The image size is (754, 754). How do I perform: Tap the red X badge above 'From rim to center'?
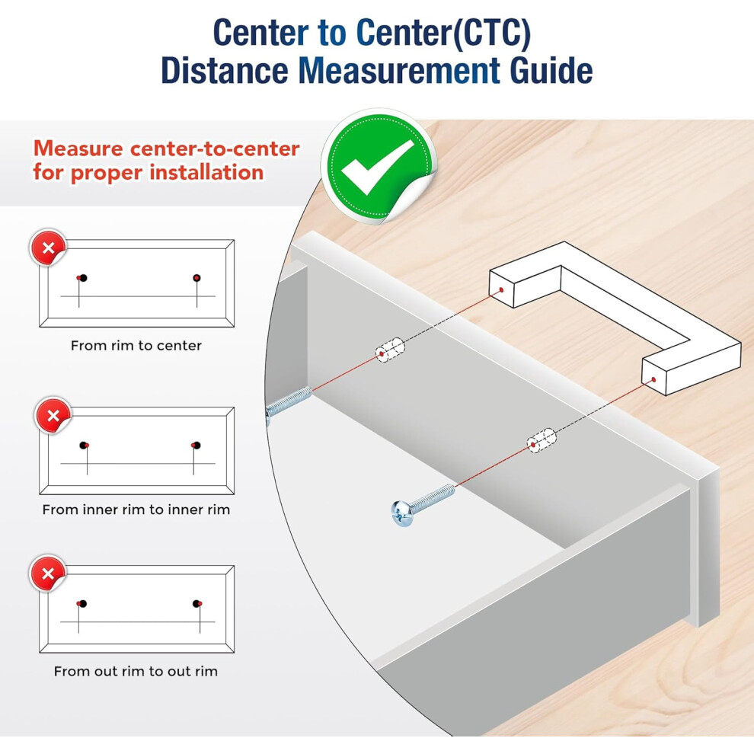click(x=48, y=248)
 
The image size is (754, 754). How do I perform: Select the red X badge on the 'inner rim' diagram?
click(x=53, y=416)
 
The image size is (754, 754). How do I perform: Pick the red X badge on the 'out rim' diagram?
click(x=48, y=573)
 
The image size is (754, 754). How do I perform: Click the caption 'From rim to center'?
click(x=136, y=345)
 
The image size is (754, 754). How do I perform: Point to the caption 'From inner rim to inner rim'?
click(x=136, y=510)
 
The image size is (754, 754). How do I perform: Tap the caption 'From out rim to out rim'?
click(x=136, y=671)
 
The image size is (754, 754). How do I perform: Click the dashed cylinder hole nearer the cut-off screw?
click(x=390, y=350)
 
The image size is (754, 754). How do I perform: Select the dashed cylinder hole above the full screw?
click(x=542, y=439)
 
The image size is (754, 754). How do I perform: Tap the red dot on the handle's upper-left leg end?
click(x=501, y=290)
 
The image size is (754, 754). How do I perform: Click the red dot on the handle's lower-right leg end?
click(x=653, y=380)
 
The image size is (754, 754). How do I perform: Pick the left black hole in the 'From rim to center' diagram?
click(x=83, y=278)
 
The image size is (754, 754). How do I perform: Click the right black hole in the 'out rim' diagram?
click(x=196, y=603)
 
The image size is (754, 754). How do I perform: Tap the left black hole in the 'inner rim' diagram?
click(x=83, y=446)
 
